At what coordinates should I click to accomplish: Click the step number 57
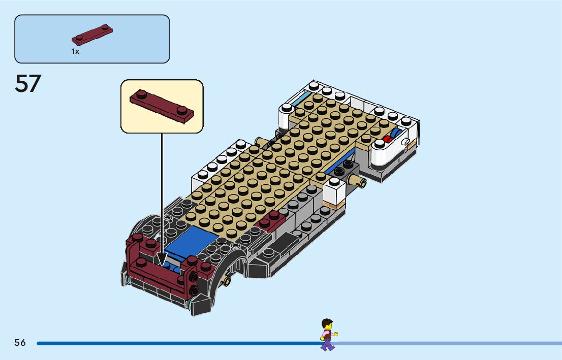28,84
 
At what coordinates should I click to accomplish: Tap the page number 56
20,343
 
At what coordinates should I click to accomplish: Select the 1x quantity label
75,52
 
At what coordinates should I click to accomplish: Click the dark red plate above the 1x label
92,35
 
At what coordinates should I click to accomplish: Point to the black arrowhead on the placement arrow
162,260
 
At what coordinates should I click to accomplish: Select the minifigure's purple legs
328,345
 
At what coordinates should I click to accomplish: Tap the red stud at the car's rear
388,139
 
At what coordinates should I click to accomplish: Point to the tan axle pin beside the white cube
359,181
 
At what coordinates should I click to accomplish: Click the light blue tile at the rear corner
299,100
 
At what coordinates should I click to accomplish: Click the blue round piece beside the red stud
395,135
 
